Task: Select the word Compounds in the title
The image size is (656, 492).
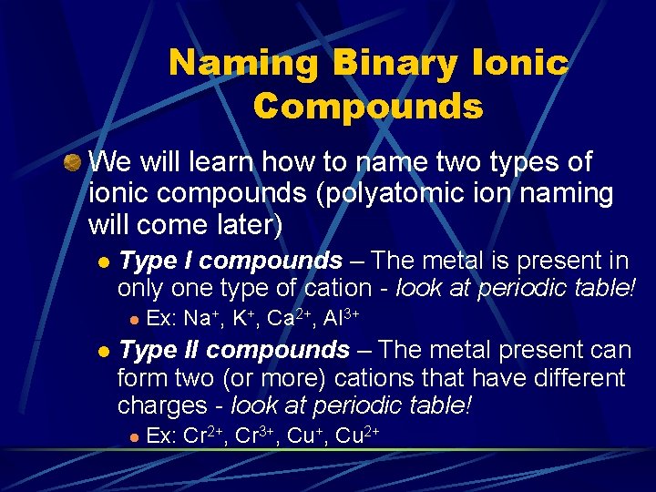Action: [x=368, y=107]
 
